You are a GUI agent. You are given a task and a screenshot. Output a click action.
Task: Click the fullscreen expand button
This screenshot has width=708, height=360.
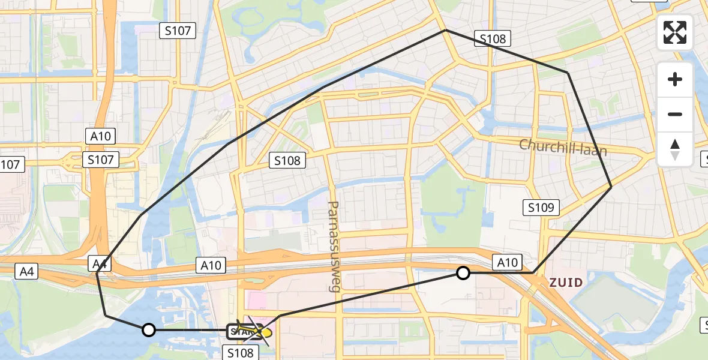(675, 32)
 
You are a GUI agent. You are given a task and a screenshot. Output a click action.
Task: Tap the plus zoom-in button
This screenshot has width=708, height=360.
(675, 79)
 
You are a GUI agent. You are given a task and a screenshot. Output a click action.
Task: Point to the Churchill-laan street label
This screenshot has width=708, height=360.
(563, 147)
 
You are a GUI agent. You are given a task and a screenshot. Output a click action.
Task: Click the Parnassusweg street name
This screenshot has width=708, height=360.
(333, 246)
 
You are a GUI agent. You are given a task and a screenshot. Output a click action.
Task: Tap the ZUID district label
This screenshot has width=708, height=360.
(566, 282)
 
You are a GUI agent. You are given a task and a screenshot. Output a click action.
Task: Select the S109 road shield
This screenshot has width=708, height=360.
(542, 208)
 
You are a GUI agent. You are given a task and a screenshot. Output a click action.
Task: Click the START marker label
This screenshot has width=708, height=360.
(242, 331)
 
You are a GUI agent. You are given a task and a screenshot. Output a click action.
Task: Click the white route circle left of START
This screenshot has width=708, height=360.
(149, 330)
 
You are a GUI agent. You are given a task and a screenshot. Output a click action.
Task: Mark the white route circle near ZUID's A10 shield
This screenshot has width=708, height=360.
(463, 274)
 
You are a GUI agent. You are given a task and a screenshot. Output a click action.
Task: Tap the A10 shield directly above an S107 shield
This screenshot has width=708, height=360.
(101, 136)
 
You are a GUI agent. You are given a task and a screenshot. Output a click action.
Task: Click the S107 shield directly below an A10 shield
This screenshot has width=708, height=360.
(101, 160)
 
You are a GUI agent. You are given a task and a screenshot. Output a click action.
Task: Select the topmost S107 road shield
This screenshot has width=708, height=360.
(178, 31)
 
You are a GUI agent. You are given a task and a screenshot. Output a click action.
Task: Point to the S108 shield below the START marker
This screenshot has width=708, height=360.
(241, 353)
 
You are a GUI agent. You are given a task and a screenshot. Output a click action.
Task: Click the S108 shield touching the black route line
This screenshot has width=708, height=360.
(493, 40)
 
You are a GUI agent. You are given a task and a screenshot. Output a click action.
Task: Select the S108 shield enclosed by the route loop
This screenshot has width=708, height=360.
(288, 160)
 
